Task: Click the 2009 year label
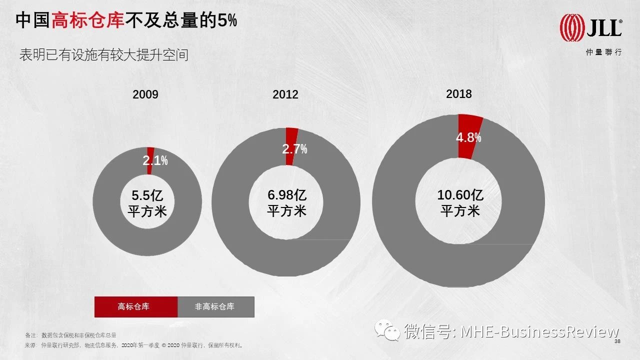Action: (x=145, y=94)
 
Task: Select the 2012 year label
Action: (x=285, y=94)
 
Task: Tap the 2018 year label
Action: (x=458, y=93)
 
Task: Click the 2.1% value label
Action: (x=155, y=160)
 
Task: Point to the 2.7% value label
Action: (x=295, y=148)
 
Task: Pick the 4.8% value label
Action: (x=468, y=137)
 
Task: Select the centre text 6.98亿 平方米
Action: (x=286, y=202)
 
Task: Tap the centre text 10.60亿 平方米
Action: (x=460, y=202)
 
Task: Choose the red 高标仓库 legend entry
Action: (x=136, y=306)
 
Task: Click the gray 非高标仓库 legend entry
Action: (x=215, y=306)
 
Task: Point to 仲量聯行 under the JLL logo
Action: (x=604, y=52)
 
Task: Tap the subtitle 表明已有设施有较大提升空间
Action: (x=103, y=54)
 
